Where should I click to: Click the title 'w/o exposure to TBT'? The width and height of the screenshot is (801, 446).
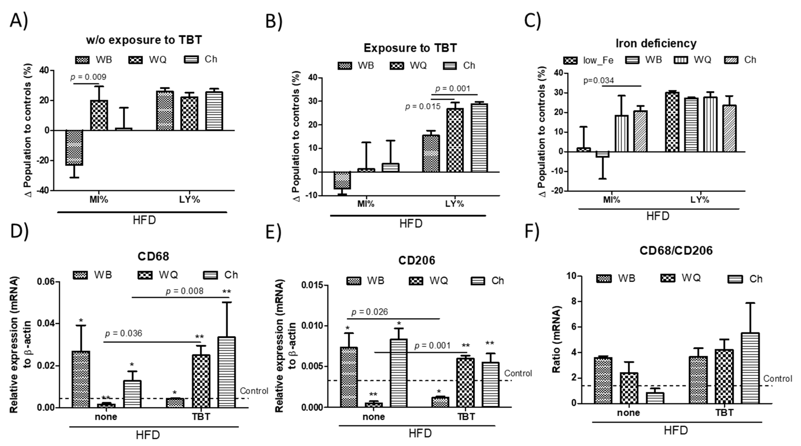coord(144,40)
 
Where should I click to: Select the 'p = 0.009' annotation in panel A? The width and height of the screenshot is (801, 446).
coord(88,77)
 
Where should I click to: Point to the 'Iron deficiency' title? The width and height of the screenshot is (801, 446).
coord(656,43)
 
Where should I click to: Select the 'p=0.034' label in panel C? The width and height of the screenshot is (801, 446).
coord(599,81)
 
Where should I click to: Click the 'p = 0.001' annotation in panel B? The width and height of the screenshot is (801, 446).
coord(452,89)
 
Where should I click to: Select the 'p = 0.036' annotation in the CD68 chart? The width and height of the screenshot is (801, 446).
coord(124,334)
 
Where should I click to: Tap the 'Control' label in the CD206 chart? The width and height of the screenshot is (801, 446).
coord(518,373)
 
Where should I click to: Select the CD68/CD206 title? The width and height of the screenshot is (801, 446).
coord(676,251)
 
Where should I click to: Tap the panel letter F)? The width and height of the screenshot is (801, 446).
coord(532,231)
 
